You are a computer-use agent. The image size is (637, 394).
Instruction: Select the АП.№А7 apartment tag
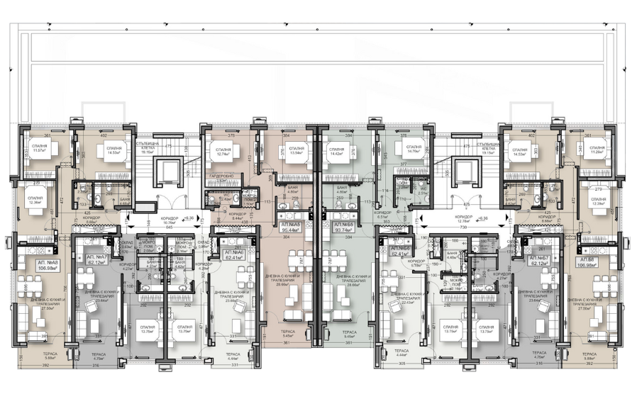(x=96, y=259)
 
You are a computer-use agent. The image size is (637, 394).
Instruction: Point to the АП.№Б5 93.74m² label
(x=344, y=228)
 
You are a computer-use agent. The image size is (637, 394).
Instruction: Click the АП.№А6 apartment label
(x=233, y=255)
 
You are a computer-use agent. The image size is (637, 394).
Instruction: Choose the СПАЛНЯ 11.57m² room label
(x=39, y=148)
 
